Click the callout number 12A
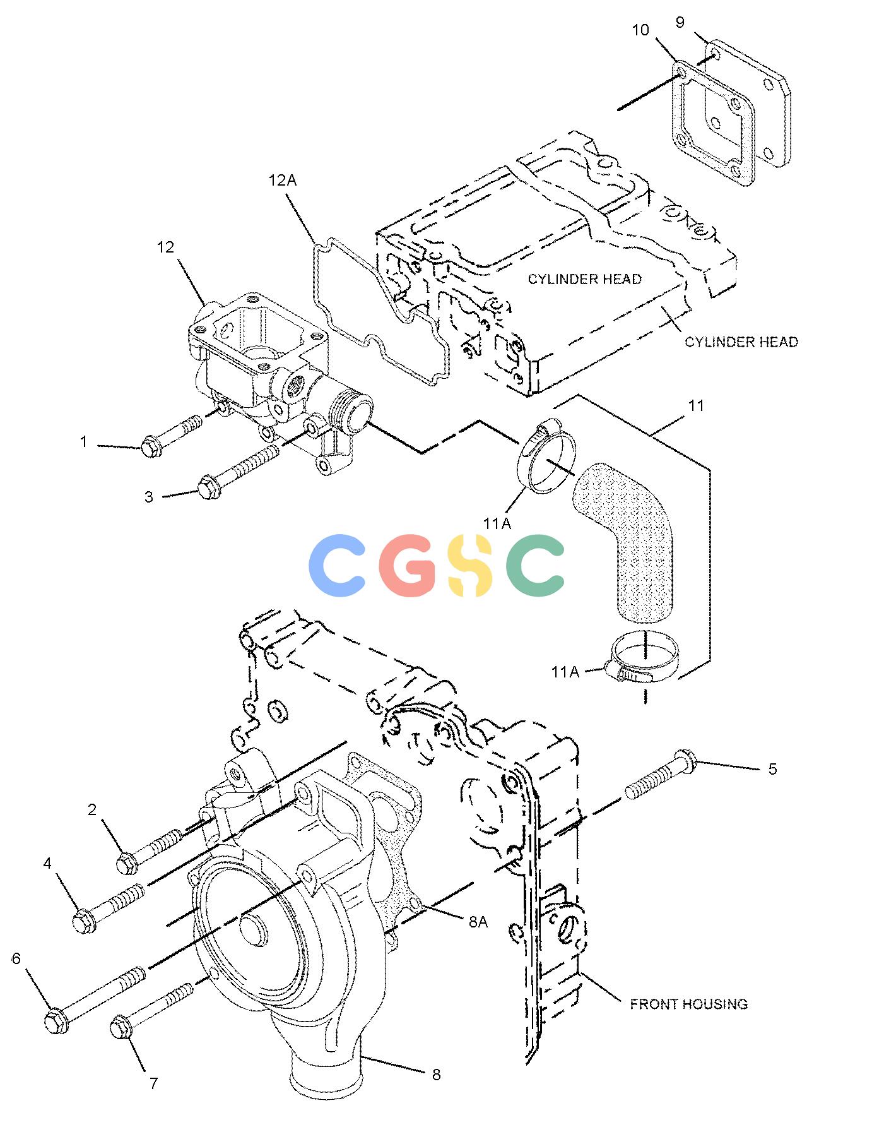[282, 181]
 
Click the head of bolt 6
[57, 1022]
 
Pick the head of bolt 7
[121, 1029]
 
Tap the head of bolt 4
[83, 921]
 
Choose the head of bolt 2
[127, 862]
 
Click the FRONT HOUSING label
[689, 1003]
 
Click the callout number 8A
[478, 922]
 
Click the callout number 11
[695, 405]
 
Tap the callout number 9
[680, 23]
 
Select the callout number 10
[640, 30]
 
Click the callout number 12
[165, 247]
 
